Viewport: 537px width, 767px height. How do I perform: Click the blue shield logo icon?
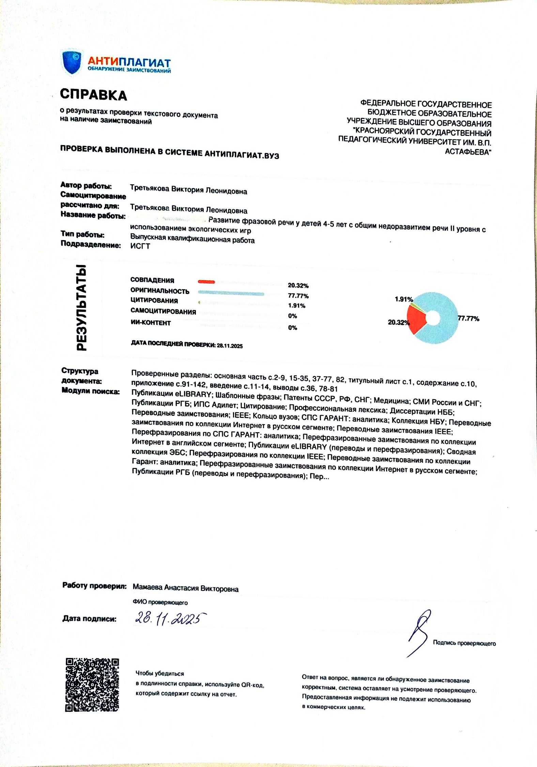pyautogui.click(x=72, y=62)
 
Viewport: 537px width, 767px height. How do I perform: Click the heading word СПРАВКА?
pyautogui.click(x=93, y=95)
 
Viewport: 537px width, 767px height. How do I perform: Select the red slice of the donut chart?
pyautogui.click(x=416, y=318)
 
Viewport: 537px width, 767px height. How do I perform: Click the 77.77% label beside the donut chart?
pyautogui.click(x=469, y=319)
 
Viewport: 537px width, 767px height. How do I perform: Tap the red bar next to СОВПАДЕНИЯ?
pyautogui.click(x=206, y=282)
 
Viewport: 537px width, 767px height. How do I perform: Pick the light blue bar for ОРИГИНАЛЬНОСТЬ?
pyautogui.click(x=231, y=293)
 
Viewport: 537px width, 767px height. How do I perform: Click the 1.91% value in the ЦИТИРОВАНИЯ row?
pyautogui.click(x=296, y=306)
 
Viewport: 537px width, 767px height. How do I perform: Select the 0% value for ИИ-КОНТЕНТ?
pyautogui.click(x=292, y=328)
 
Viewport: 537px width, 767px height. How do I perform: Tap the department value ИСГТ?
pyautogui.click(x=140, y=246)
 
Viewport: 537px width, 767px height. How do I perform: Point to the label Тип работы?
pyautogui.click(x=82, y=234)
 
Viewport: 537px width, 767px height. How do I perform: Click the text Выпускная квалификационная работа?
pyautogui.click(x=192, y=239)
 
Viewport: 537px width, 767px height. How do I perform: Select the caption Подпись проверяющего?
pyautogui.click(x=464, y=643)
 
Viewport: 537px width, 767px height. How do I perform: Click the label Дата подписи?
pyautogui.click(x=89, y=619)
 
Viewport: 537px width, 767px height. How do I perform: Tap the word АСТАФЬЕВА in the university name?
pyautogui.click(x=467, y=152)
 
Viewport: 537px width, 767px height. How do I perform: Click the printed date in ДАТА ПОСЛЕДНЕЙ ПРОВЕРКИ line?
pyautogui.click(x=230, y=346)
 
